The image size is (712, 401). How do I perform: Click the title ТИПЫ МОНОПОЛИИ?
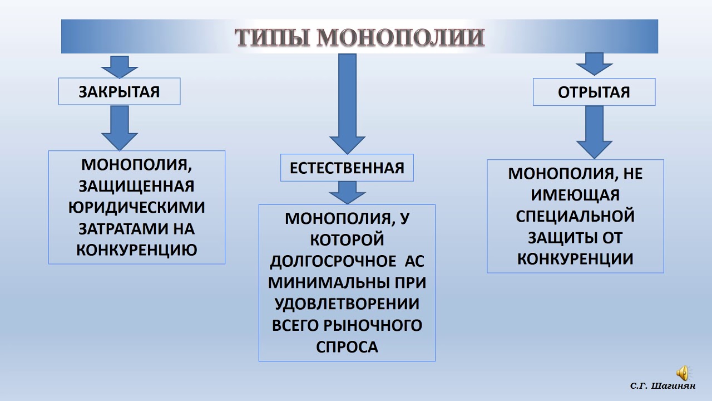click(359, 37)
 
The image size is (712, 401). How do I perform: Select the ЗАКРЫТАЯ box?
click(119, 91)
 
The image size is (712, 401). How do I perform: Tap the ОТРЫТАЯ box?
click(594, 92)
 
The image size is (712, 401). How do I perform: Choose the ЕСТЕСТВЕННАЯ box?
click(347, 168)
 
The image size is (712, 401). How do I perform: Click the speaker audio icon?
click(682, 373)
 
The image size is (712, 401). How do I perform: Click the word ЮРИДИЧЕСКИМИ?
click(137, 207)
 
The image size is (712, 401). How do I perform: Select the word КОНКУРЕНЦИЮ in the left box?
click(137, 250)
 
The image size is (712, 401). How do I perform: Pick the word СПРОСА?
click(347, 346)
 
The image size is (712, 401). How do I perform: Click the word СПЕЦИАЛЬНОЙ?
click(575, 216)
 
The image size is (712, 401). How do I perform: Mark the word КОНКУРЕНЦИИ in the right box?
click(575, 258)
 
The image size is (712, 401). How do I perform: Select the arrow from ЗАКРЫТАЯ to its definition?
click(120, 127)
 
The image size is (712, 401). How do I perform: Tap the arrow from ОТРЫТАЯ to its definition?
click(594, 131)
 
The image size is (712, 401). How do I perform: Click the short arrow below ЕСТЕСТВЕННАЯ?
click(347, 193)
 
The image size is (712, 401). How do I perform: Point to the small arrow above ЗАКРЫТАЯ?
click(119, 66)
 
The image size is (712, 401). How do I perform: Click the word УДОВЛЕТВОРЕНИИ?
click(347, 304)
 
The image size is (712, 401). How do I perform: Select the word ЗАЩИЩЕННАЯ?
click(137, 186)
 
